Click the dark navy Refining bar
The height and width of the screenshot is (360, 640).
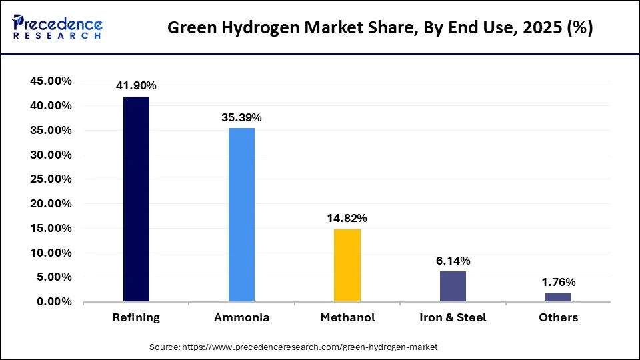click(136, 199)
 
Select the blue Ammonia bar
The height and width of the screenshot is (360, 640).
click(241, 215)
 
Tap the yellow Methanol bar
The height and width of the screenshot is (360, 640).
click(347, 265)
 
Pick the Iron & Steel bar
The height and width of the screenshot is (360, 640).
click(453, 287)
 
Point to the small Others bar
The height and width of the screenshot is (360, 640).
click(558, 297)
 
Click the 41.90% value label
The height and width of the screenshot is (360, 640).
click(136, 85)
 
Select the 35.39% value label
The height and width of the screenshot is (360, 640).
click(241, 117)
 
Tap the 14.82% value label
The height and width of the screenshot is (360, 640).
click(347, 218)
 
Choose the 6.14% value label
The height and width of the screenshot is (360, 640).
click(453, 261)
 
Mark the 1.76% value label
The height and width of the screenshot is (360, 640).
click(558, 282)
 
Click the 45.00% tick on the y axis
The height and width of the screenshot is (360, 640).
click(51, 81)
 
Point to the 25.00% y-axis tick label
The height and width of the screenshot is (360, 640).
click(51, 179)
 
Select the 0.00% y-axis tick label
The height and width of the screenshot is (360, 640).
click(54, 302)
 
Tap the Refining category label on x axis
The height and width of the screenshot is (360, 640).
click(136, 318)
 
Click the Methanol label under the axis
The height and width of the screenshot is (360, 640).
click(347, 318)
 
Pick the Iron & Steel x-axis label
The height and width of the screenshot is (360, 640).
click(453, 318)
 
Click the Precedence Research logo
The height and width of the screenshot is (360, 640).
click(57, 27)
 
